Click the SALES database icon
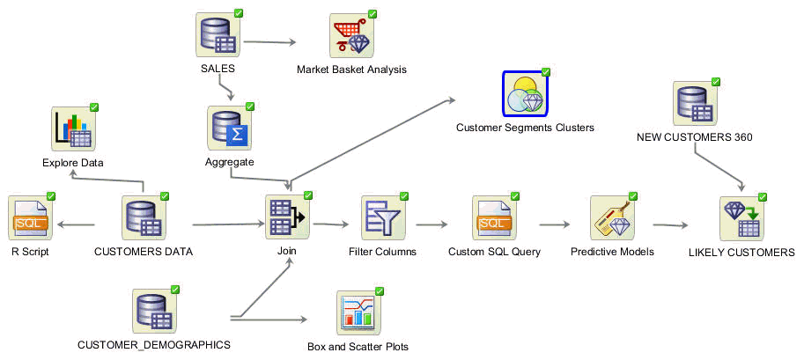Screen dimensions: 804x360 pyautogui.click(x=218, y=35)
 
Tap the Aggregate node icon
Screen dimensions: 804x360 pyautogui.click(x=230, y=129)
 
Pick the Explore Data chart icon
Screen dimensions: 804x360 pyautogui.click(x=74, y=129)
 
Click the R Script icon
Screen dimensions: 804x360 pyautogui.click(x=31, y=217)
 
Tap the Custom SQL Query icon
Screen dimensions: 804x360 pyautogui.click(x=495, y=217)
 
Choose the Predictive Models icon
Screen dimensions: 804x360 pyautogui.click(x=613, y=217)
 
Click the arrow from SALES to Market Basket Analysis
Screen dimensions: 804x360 pyautogui.click(x=270, y=42)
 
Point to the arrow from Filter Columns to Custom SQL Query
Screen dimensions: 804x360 pyautogui.click(x=432, y=224)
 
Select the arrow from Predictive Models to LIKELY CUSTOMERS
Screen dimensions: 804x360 pyautogui.click(x=670, y=224)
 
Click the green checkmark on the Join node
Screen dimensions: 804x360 pyautogui.click(x=307, y=195)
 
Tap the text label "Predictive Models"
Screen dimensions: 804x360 pyautogui.click(x=612, y=252)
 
